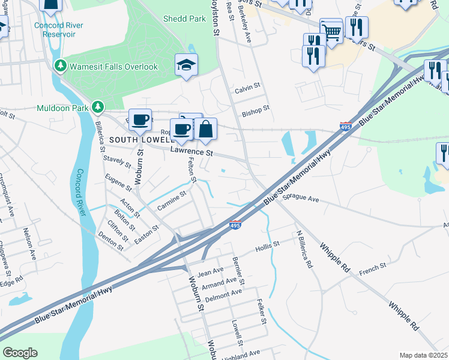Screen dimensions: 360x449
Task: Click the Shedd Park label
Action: coord(184,19)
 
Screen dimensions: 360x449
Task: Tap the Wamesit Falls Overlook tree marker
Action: coord(60,66)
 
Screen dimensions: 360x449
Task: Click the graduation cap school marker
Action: coord(186,65)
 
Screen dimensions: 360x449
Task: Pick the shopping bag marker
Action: coord(205,129)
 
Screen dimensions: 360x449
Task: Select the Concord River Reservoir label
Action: coord(55,29)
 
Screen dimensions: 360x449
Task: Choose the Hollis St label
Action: coord(267,246)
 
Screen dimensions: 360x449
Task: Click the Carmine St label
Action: coord(172,200)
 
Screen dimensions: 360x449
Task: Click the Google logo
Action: coord(20,353)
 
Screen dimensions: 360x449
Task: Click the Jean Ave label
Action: coord(210,272)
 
